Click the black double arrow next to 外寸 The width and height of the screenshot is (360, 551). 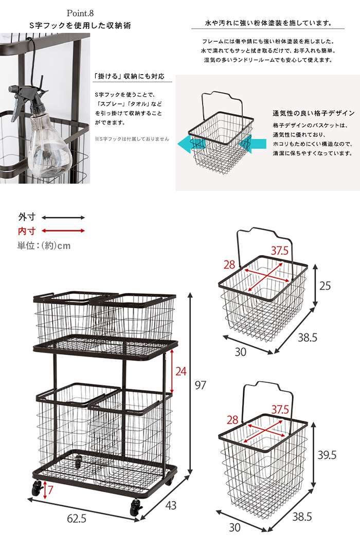(63, 218)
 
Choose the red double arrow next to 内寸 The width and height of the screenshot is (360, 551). (63, 231)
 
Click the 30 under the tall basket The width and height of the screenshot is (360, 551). (235, 527)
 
